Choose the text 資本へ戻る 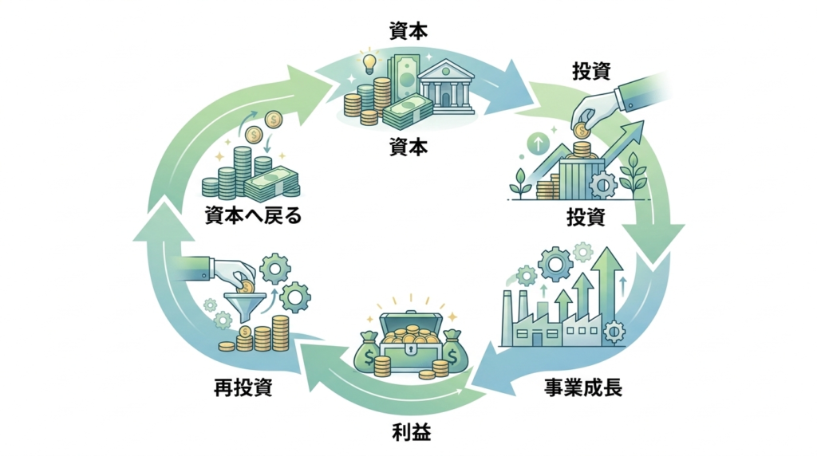[253, 215]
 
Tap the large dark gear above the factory [554, 262]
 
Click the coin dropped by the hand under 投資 [580, 129]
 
